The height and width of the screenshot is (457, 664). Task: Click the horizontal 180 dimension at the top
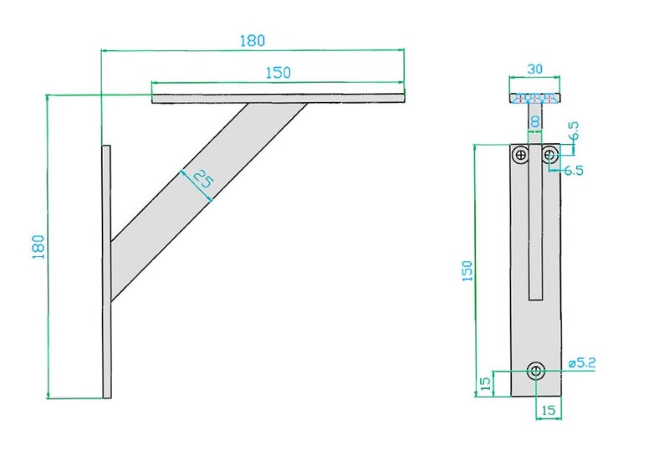[x=253, y=40]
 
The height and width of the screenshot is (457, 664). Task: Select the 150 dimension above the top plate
[x=278, y=72]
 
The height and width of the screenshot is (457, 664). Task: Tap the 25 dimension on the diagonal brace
[x=202, y=179]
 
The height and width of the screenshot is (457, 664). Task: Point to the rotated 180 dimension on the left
[x=38, y=246]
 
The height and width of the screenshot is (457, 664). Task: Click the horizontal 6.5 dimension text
[x=574, y=170]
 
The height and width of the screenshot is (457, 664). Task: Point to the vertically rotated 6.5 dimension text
[x=575, y=133]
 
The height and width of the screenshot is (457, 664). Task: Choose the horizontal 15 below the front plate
[x=549, y=410]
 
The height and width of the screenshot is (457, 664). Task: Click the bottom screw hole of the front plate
[x=535, y=370]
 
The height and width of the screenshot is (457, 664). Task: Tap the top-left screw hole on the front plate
[x=521, y=154]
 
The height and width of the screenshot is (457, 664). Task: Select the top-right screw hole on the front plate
[x=549, y=154]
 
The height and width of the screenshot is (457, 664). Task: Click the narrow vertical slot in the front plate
[x=535, y=234]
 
